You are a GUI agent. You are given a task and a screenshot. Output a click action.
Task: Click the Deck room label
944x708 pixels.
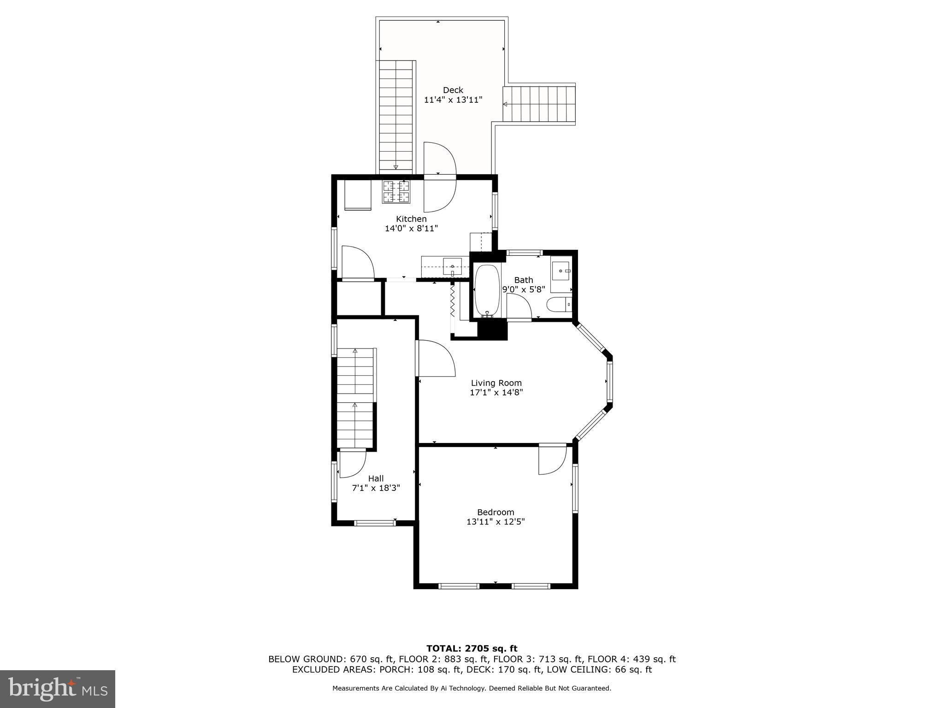click(x=453, y=90)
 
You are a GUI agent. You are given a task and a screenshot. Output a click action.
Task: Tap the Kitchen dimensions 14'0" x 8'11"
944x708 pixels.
click(x=411, y=228)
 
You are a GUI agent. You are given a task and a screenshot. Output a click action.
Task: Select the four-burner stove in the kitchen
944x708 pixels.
click(x=395, y=192)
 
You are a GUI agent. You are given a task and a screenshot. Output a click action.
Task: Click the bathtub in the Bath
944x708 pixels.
click(x=488, y=290)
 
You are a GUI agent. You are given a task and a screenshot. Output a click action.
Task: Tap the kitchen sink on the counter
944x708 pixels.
click(x=452, y=267)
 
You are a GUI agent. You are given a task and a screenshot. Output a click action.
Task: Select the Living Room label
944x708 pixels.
click(x=496, y=383)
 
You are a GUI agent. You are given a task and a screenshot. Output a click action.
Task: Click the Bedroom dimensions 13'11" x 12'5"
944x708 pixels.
click(x=496, y=522)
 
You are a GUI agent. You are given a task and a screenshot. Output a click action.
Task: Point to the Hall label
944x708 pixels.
click(x=376, y=478)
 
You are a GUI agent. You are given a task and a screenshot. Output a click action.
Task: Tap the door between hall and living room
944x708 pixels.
click(x=436, y=360)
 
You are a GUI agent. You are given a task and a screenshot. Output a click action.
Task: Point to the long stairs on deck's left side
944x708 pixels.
click(x=395, y=118)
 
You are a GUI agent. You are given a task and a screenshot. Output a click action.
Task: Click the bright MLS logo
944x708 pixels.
click(x=58, y=689)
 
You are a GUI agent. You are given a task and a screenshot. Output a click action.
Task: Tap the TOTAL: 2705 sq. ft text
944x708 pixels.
click(x=472, y=649)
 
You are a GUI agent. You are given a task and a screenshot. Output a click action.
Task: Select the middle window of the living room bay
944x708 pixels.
click(x=610, y=381)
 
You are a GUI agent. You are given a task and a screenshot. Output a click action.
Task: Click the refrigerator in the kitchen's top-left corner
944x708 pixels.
click(x=358, y=195)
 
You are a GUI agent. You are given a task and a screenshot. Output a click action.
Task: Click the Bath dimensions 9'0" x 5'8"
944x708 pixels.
click(x=524, y=289)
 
